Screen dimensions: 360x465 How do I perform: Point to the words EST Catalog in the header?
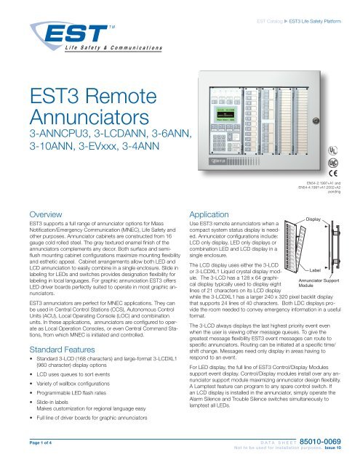pyautogui.click(x=274, y=12)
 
